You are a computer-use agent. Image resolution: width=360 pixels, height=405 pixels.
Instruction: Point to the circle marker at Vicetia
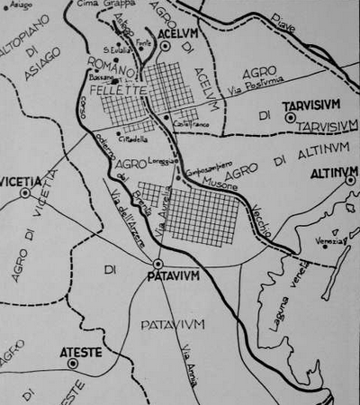tap(25, 192)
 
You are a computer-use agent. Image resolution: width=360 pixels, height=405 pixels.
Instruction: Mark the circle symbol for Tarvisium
tap(290, 117)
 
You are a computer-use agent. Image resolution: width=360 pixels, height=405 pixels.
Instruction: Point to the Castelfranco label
tap(188, 123)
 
